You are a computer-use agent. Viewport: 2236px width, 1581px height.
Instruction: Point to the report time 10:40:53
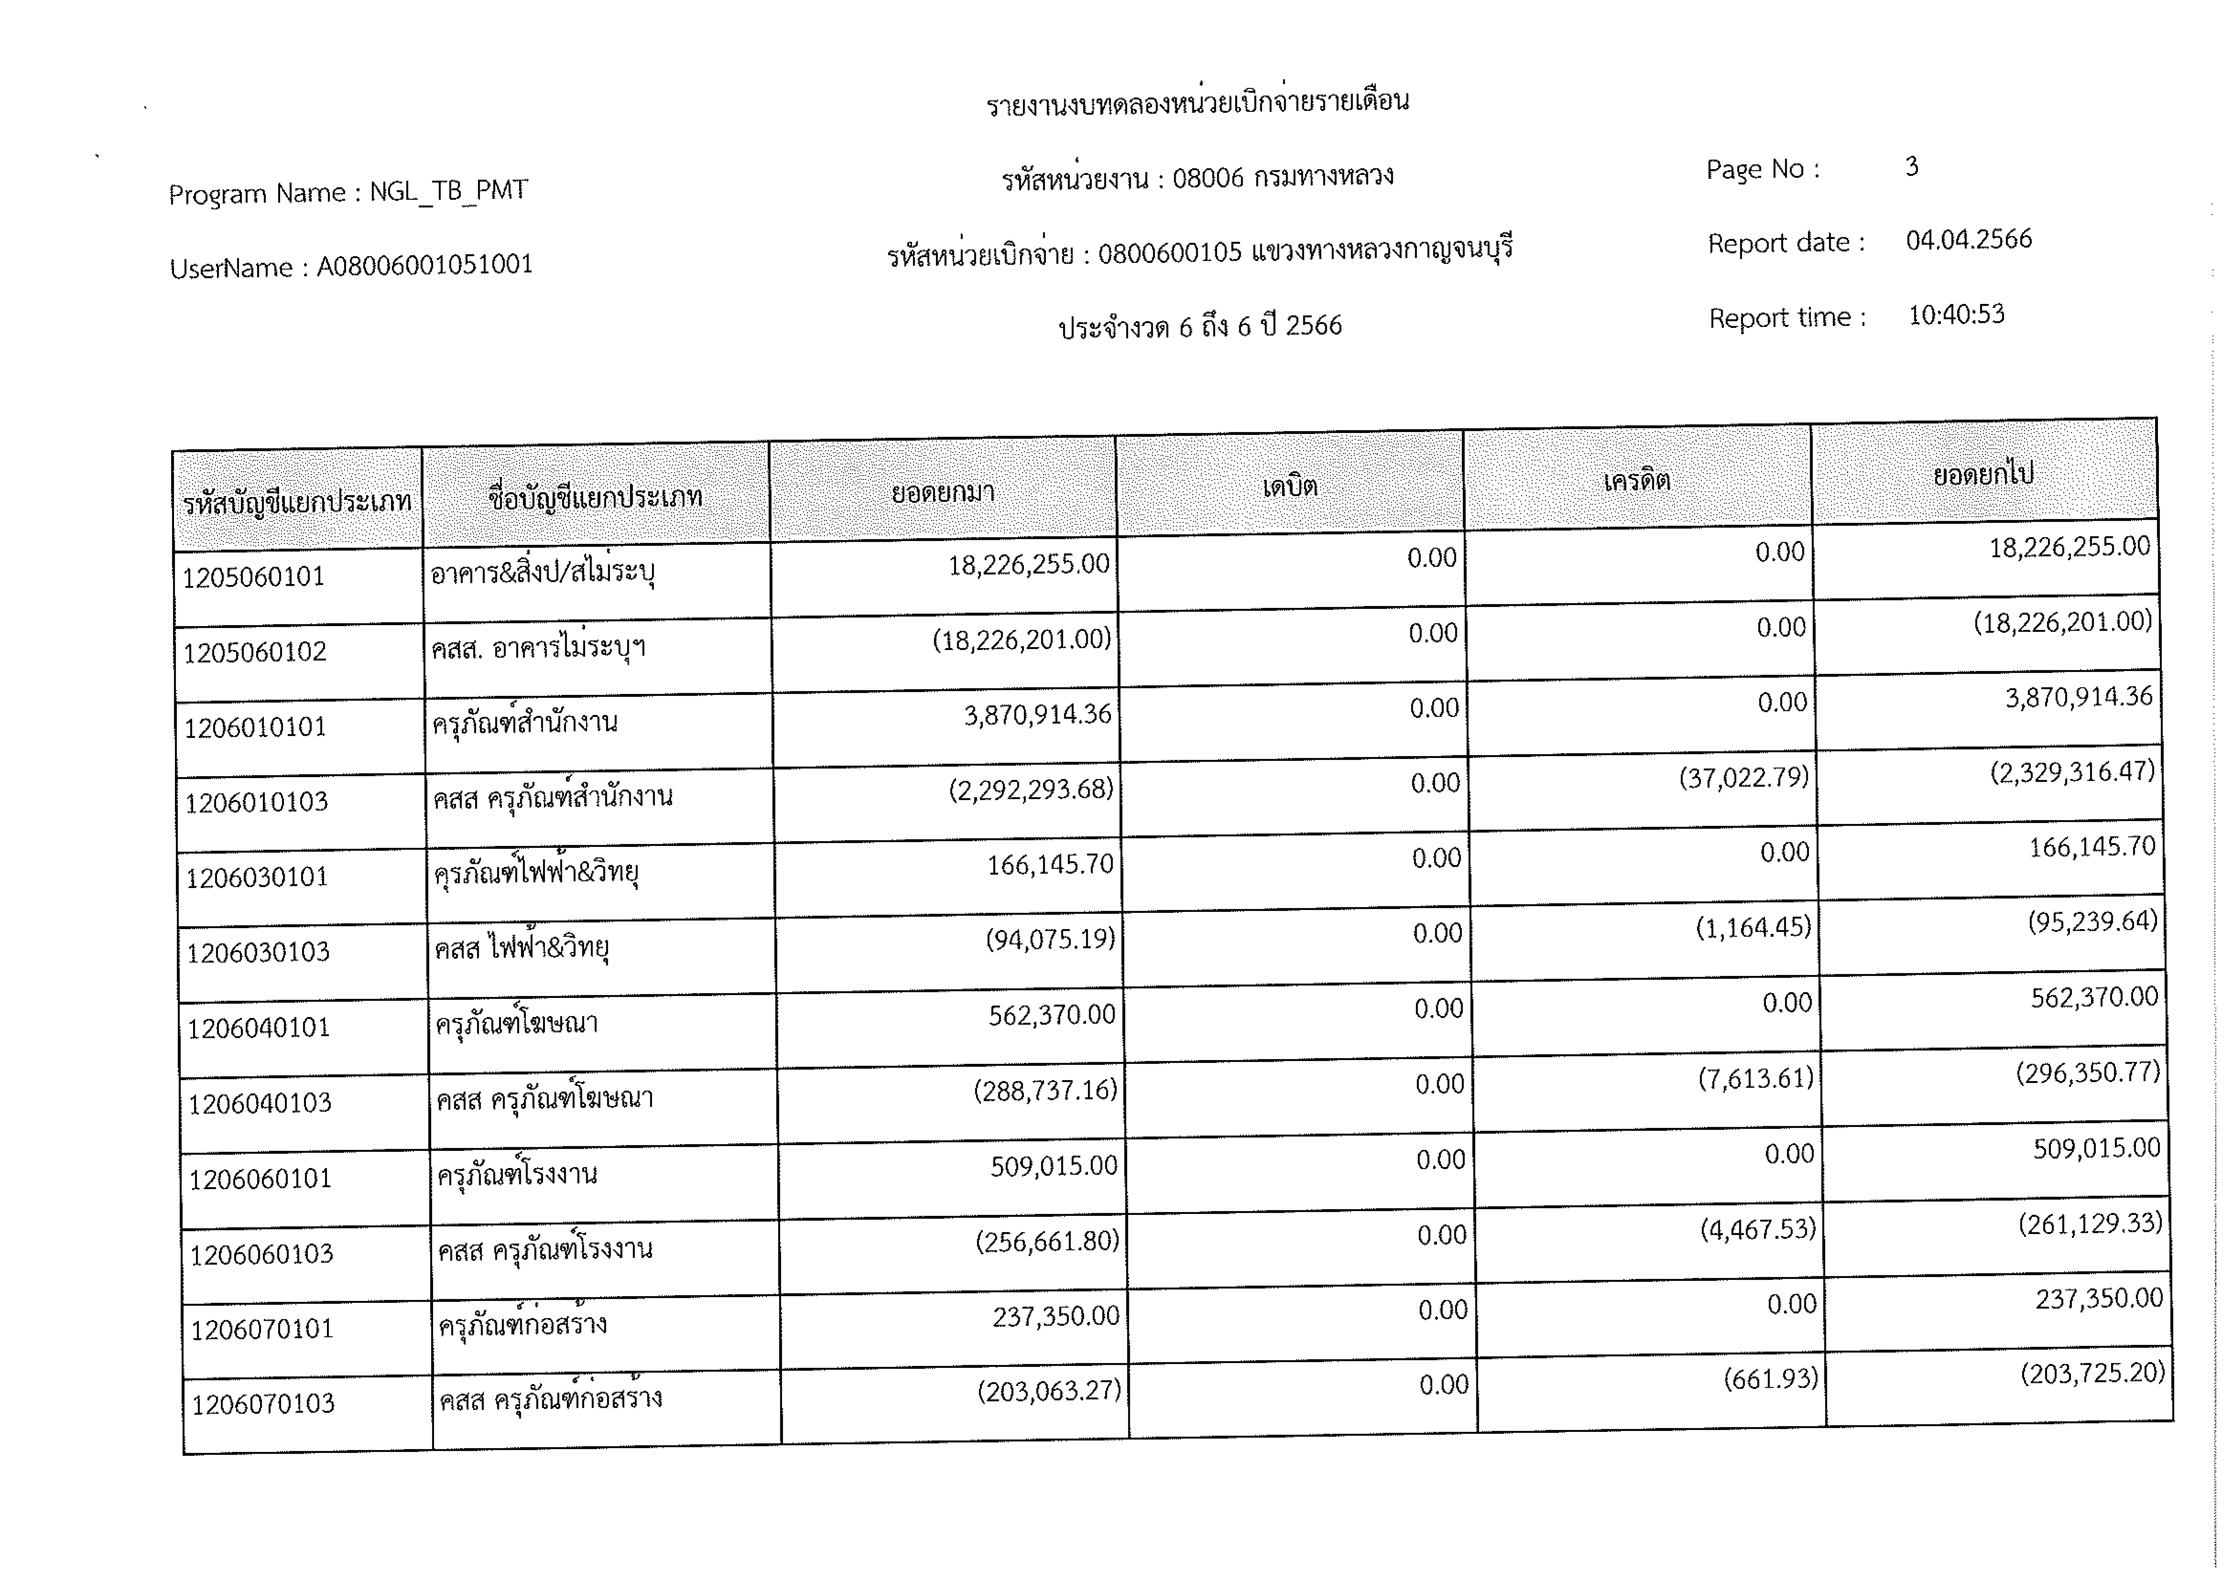point(1956,314)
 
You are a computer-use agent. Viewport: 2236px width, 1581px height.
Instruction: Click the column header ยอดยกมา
point(943,492)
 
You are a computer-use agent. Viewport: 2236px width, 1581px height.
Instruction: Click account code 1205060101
point(253,577)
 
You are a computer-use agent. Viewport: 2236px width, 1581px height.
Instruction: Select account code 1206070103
point(263,1404)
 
